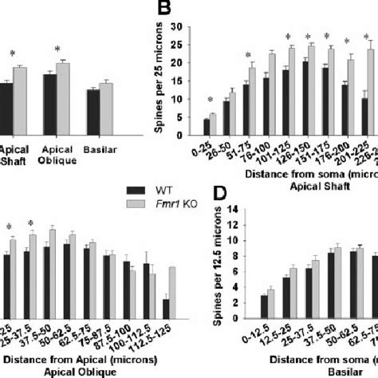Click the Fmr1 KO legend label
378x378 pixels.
click(173, 226)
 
